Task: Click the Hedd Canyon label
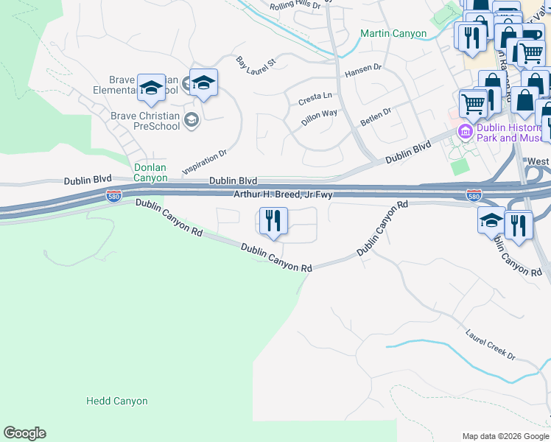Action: [x=117, y=401]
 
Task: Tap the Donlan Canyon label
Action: [x=150, y=172]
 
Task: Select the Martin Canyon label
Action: [x=393, y=33]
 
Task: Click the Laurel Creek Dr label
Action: [x=491, y=345]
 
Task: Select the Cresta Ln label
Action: [x=315, y=97]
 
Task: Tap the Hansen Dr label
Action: [x=362, y=75]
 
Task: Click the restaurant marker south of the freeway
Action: [x=273, y=222]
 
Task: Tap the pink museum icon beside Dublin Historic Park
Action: [x=465, y=133]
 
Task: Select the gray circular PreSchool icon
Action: [x=191, y=120]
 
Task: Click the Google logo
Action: [x=24, y=433]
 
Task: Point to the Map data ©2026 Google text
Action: [x=505, y=436]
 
